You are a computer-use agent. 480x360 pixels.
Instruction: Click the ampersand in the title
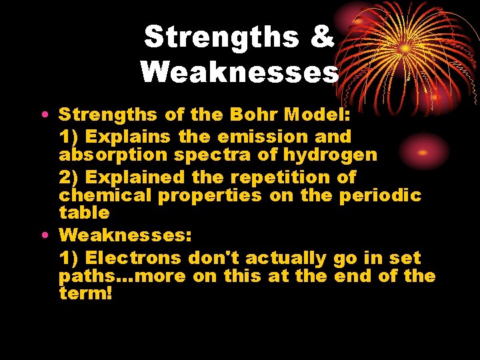(321, 37)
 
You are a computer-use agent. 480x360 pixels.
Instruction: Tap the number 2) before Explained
(69, 177)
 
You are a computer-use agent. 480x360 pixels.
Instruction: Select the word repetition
(277, 177)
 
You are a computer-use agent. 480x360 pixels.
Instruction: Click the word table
(84, 213)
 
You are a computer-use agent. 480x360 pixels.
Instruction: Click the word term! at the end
(85, 293)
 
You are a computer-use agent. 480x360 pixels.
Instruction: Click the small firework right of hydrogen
(421, 152)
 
